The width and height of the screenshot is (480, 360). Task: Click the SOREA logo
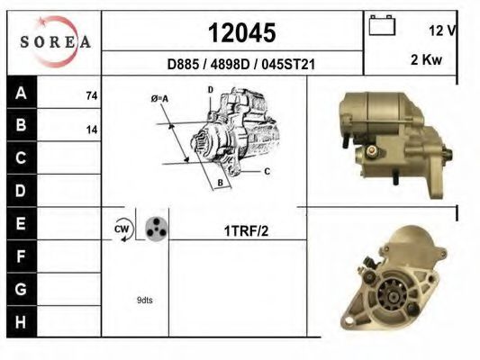coord(56,41)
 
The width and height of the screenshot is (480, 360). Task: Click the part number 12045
coord(242,32)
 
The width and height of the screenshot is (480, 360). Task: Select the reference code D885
coord(183,65)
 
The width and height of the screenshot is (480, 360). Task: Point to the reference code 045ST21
coord(288,65)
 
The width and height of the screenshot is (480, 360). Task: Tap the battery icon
coord(382,25)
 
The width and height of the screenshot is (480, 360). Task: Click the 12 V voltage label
coord(443,31)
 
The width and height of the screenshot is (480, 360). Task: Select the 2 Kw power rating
coord(427,59)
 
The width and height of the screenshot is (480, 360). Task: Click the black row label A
coord(21,93)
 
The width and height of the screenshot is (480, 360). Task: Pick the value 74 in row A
coord(92,96)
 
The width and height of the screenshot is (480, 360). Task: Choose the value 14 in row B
coord(92,130)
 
